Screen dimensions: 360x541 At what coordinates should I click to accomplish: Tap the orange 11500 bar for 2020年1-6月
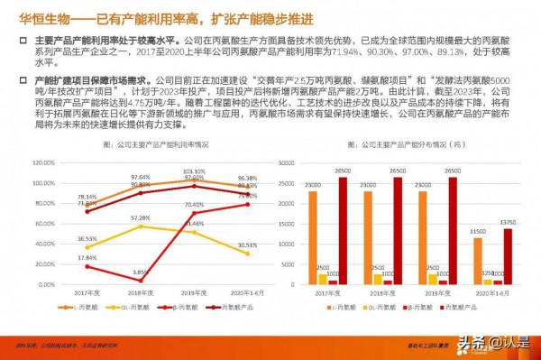(478, 261)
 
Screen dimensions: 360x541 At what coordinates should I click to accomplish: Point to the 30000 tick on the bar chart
(286, 163)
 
